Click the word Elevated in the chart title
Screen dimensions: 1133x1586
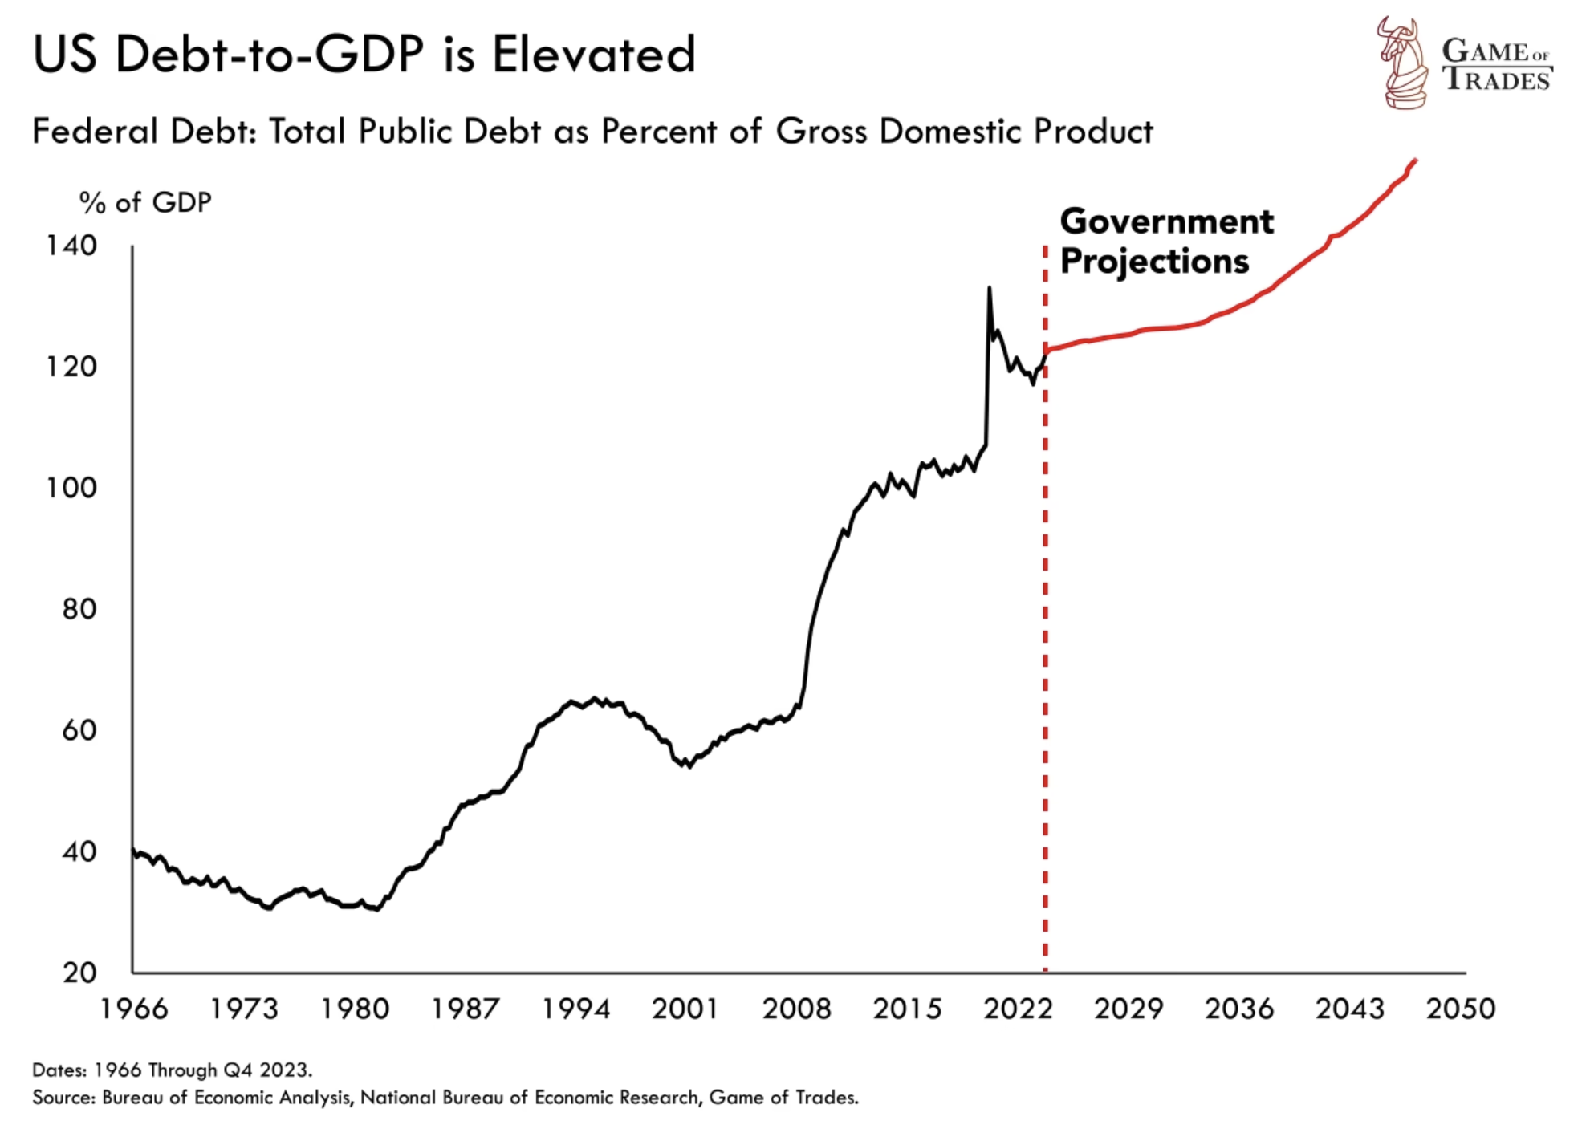click(593, 55)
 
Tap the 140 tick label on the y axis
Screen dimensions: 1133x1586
click(71, 246)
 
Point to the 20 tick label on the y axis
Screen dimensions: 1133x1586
click(79, 973)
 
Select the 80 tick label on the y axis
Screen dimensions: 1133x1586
click(79, 609)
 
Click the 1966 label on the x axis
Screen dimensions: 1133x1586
click(133, 1009)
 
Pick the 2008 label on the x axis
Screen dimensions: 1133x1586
click(796, 1009)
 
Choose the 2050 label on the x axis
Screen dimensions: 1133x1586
click(1460, 1009)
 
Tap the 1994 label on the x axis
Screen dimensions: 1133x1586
click(575, 1009)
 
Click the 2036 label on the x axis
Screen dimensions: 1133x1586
click(1238, 1009)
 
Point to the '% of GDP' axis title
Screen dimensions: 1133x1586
click(145, 203)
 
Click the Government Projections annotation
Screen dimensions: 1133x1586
click(1165, 241)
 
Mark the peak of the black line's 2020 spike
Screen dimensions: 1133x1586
click(989, 287)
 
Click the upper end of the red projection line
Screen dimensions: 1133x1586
click(1416, 160)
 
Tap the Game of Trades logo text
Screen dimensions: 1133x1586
click(1496, 66)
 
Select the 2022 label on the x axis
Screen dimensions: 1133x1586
click(1018, 1009)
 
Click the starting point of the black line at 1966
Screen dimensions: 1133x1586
click(133, 849)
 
